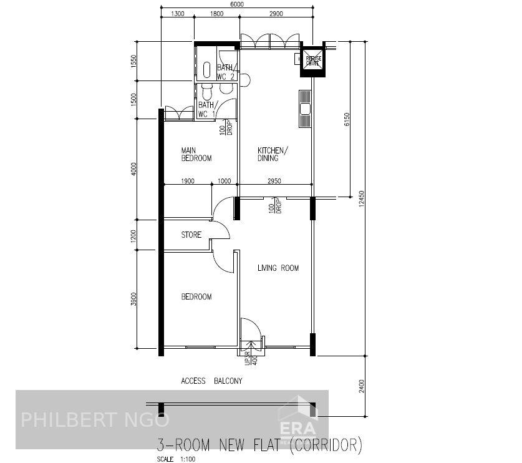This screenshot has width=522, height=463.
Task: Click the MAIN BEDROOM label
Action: point(196,154)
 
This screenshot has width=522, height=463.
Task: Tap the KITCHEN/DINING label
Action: point(273,154)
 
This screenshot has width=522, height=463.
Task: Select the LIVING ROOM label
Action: point(278,268)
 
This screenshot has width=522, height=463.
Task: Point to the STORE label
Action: point(191,235)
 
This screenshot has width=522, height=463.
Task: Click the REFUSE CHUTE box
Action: point(312,60)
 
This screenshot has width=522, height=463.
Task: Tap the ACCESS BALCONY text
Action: point(211,381)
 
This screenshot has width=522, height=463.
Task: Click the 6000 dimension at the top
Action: point(237,4)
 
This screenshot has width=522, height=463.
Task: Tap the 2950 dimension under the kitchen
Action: point(274,181)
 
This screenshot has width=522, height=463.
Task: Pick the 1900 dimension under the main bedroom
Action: point(188,181)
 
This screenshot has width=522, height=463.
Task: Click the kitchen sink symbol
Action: point(305,109)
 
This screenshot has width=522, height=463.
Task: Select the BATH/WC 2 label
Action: point(225,72)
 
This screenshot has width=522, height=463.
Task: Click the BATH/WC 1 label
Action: point(207,110)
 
